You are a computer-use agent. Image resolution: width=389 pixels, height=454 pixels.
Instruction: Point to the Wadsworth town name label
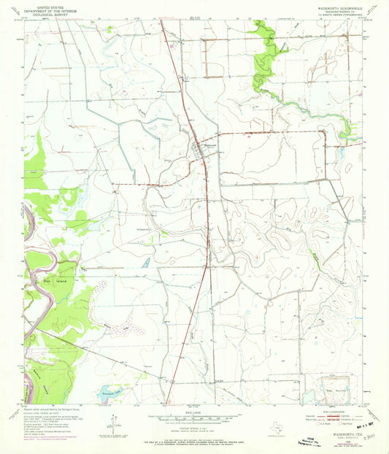tap(210, 144)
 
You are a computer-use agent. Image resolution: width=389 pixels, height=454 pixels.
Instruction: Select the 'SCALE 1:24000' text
tap(193, 412)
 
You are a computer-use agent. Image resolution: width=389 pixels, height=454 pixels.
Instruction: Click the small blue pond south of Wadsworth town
tap(146, 261)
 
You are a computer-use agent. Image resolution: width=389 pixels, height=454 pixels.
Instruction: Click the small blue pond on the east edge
tap(340, 153)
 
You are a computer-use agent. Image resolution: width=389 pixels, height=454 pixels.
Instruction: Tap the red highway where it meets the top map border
tap(162, 21)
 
